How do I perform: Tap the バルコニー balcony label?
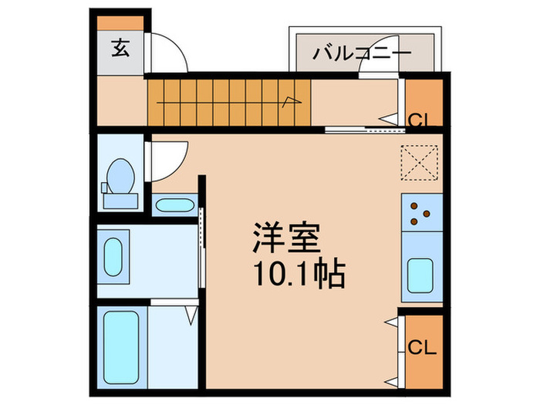[362, 55]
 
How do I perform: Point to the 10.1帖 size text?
[296, 274]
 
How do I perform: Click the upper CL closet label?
[420, 120]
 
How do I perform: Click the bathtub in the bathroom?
[120, 350]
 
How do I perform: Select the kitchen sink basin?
[422, 275]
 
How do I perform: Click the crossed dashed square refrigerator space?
[421, 163]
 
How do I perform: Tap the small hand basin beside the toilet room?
[174, 205]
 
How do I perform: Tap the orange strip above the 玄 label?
[120, 22]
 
